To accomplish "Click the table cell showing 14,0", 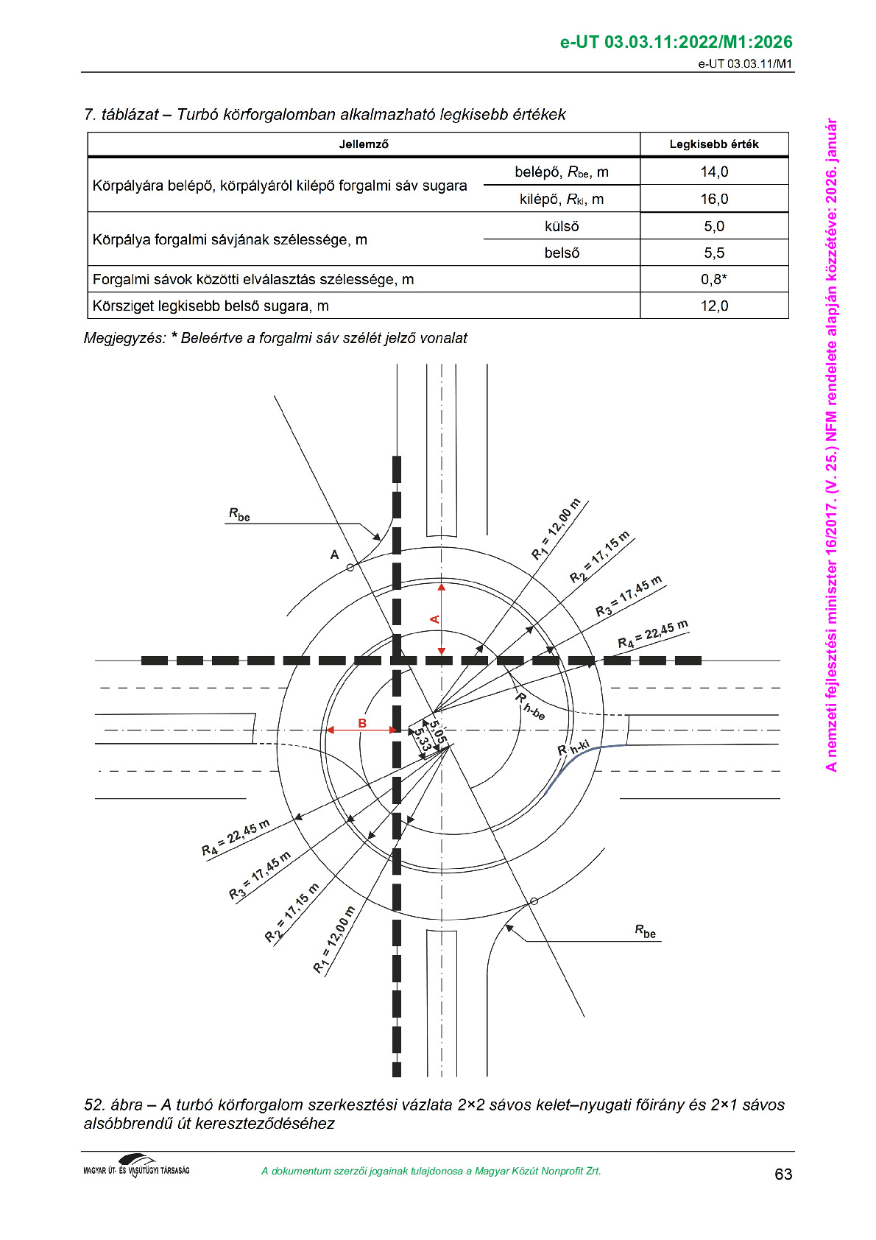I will [x=714, y=172].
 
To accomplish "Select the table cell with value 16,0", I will [x=714, y=199].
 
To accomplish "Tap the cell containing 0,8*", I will [x=714, y=279].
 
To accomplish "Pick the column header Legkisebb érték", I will [x=714, y=144].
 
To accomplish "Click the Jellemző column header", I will [x=364, y=144].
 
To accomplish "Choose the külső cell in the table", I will [x=562, y=226].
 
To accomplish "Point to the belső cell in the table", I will [x=562, y=253].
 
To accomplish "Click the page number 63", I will [x=783, y=1174].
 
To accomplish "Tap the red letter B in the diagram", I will [x=362, y=723].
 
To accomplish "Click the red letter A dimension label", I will [x=435, y=619].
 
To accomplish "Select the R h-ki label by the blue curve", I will [x=573, y=749].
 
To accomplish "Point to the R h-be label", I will [x=529, y=706].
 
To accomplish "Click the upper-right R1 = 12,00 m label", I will [x=556, y=529].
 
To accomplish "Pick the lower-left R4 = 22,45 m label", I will [x=236, y=838].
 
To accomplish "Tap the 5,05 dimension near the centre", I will [x=438, y=731].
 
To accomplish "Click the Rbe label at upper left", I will [x=239, y=515].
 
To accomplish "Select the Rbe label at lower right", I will [x=645, y=931].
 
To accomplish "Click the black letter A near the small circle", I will [x=335, y=554].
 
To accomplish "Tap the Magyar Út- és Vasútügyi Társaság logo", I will [x=137, y=1166].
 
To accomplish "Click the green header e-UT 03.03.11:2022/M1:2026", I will [x=676, y=42].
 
